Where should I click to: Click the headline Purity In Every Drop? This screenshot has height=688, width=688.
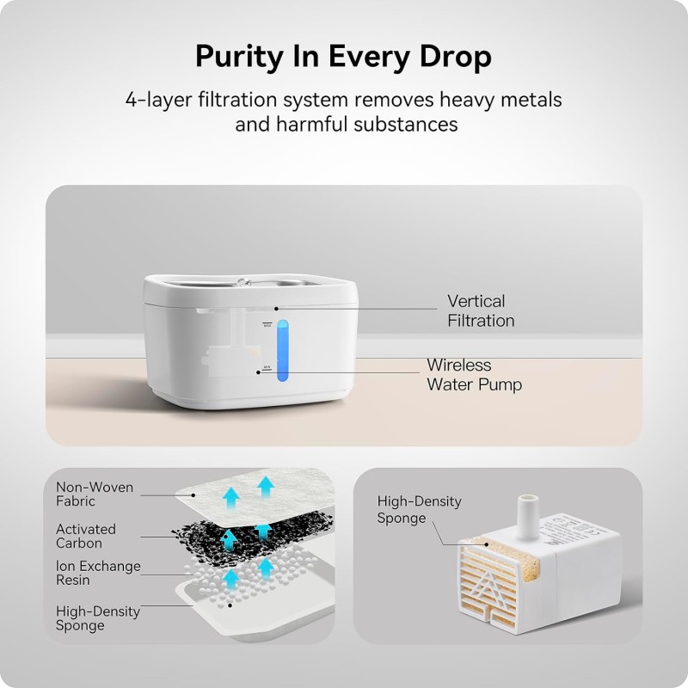click(343, 57)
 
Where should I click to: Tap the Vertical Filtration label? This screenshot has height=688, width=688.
click(481, 310)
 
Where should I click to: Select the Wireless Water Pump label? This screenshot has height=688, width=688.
click(474, 374)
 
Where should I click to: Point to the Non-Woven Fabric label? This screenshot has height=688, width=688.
click(95, 494)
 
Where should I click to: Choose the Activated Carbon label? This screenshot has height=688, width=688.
click(86, 536)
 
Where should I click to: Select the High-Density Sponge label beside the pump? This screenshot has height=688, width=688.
click(419, 509)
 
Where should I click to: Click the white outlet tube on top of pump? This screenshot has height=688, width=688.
click(525, 511)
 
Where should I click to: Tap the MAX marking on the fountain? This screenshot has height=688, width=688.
click(267, 324)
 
